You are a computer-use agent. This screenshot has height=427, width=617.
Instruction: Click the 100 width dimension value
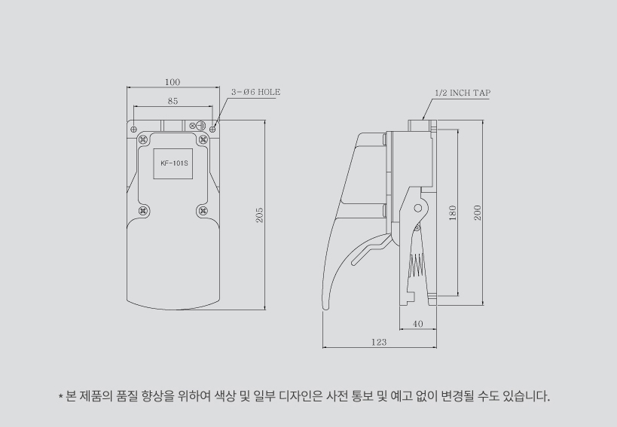172,81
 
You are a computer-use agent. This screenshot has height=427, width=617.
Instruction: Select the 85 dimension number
173,100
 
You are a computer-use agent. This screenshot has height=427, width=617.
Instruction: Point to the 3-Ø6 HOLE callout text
255,91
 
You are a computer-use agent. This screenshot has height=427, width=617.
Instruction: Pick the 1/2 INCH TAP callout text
462,93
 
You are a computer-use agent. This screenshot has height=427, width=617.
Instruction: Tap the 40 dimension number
418,323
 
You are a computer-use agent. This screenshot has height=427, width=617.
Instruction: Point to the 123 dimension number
379,342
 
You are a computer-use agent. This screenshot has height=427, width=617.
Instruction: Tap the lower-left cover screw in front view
145,211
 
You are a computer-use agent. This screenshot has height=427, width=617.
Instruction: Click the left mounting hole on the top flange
134,129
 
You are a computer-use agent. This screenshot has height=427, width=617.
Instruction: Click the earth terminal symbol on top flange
200,125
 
